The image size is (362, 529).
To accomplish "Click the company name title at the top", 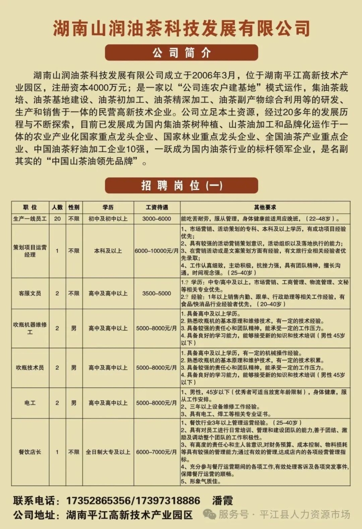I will (x=181, y=28).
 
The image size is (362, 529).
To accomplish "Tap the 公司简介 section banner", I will (x=181, y=53).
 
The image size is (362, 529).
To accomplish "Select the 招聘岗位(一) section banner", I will (x=181, y=186).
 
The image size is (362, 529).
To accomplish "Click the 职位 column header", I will (x=30, y=207).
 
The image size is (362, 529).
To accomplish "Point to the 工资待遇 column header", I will (x=157, y=207).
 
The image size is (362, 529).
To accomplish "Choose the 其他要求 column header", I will (x=265, y=207).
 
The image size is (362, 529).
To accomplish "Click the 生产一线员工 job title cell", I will (x=30, y=219).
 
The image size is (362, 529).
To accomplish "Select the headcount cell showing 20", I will (x=57, y=219).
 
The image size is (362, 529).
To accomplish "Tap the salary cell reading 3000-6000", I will (x=157, y=219).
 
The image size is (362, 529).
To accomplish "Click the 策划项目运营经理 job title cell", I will (x=30, y=251).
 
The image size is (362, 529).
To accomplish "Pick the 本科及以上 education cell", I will (x=108, y=251).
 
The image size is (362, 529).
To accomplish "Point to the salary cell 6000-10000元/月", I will (x=157, y=251).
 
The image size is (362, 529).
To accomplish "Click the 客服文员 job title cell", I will (x=30, y=293).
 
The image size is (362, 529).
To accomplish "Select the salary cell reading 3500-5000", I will (x=157, y=293).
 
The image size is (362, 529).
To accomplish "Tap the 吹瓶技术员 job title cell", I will (x=30, y=368).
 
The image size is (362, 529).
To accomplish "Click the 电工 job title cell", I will (x=30, y=403).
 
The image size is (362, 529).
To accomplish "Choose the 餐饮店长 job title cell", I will (x=30, y=452).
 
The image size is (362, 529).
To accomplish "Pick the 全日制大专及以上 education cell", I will (x=108, y=452).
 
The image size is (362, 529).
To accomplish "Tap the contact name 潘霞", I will (x=222, y=501).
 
